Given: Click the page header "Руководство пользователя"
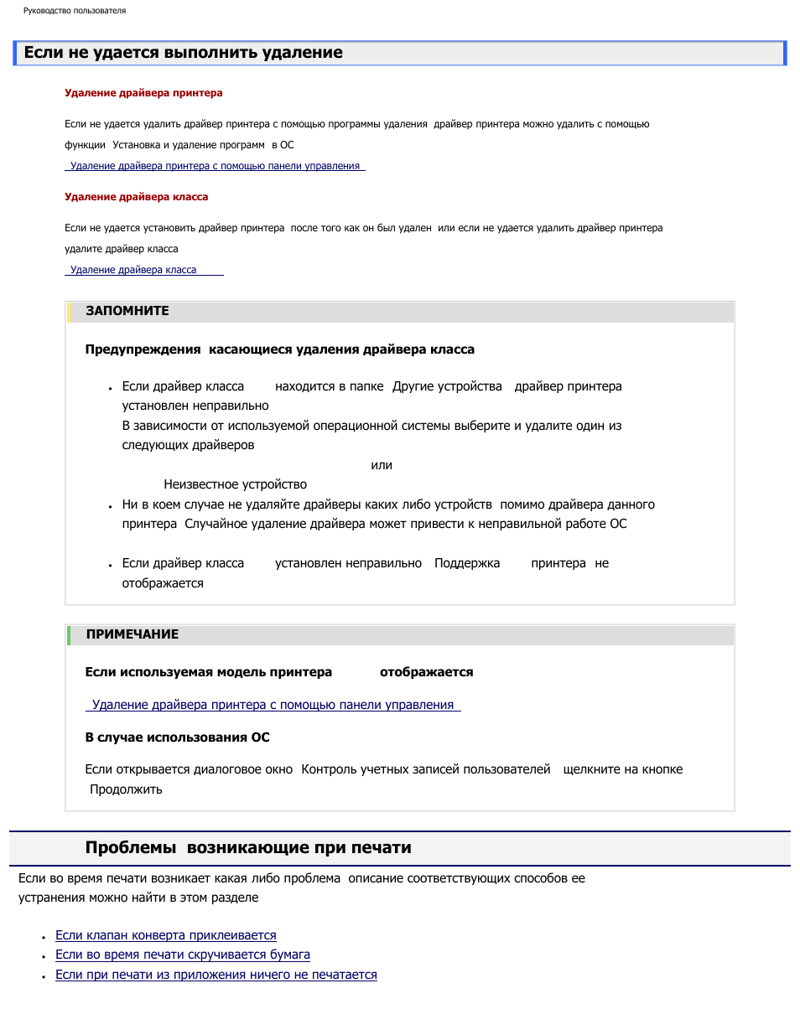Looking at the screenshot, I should pyautogui.click(x=75, y=11).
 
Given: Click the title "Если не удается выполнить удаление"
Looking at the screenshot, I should pyautogui.click(x=183, y=53).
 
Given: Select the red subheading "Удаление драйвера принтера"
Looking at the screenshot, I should pyautogui.click(x=143, y=93).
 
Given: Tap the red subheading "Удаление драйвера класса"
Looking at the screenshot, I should pyautogui.click(x=136, y=197).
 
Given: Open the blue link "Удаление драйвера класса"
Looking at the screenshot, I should pyautogui.click(x=133, y=270).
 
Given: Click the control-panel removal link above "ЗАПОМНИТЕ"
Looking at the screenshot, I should pyautogui.click(x=215, y=166).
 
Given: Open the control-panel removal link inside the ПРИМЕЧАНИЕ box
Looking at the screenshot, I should pyautogui.click(x=273, y=705).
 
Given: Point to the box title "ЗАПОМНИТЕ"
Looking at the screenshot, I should pyautogui.click(x=127, y=311).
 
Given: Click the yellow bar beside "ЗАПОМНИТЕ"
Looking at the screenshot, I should pyautogui.click(x=69, y=312).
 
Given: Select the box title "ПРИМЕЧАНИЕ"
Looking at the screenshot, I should pyautogui.click(x=132, y=634).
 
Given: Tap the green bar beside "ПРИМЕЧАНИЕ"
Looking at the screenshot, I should pyautogui.click(x=69, y=634).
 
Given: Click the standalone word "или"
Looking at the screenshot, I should pyautogui.click(x=382, y=465).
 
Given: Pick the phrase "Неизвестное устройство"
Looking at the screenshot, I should pyautogui.click(x=235, y=484).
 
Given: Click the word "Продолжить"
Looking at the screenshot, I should pyautogui.click(x=126, y=789).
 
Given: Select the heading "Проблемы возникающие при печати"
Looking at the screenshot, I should pyautogui.click(x=248, y=847).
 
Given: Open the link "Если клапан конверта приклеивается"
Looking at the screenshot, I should pyautogui.click(x=165, y=935).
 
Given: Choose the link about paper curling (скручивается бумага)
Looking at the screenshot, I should pyautogui.click(x=182, y=955).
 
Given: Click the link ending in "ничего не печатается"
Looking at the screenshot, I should pyautogui.click(x=216, y=975).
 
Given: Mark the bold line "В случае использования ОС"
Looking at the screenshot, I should pyautogui.click(x=177, y=737).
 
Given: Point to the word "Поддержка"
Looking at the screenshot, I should pyautogui.click(x=466, y=563).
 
